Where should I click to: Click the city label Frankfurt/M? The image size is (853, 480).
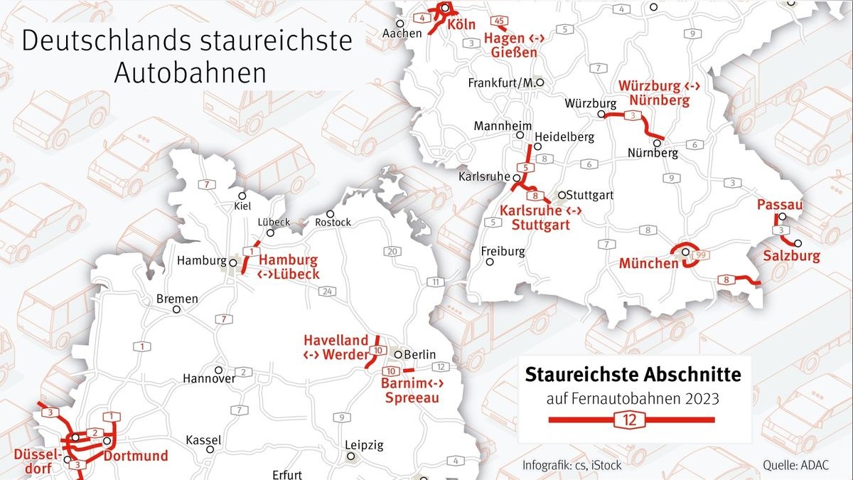pyautogui.click(x=500, y=83)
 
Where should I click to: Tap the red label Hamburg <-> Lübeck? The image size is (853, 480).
pyautogui.click(x=288, y=267)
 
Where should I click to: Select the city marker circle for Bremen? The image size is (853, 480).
pyautogui.click(x=176, y=309)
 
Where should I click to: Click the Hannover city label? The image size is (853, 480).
pyautogui.click(x=208, y=378)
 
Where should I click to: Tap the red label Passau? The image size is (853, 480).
pyautogui.click(x=779, y=205)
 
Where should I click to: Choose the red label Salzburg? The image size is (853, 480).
pyautogui.click(x=792, y=256)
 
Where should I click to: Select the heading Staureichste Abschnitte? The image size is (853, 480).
pyautogui.click(x=633, y=375)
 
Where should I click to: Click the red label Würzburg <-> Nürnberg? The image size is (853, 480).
pyautogui.click(x=658, y=93)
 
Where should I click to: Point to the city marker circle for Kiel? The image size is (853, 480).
pyautogui.click(x=242, y=196)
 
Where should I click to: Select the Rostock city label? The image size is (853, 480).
pyautogui.click(x=333, y=222)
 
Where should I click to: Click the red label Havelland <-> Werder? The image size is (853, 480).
pyautogui.click(x=336, y=348)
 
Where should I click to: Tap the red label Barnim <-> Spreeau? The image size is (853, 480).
pyautogui.click(x=412, y=391)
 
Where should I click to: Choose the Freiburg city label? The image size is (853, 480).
pyautogui.click(x=503, y=251)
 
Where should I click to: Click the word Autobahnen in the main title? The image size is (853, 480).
pyautogui.click(x=190, y=73)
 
